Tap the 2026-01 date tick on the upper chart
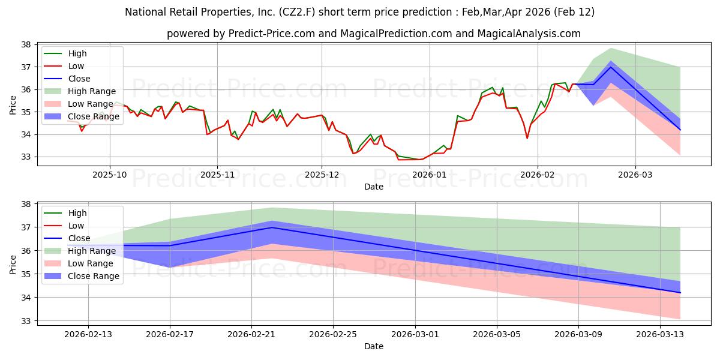[x=430, y=175]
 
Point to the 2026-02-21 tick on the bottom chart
[x=251, y=334]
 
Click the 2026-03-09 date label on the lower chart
[x=579, y=334]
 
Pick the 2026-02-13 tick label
[x=88, y=334]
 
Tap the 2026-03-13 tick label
[x=661, y=334]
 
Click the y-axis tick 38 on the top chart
[x=26, y=45]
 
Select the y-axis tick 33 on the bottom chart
[x=26, y=321]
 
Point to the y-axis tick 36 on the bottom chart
[x=26, y=251]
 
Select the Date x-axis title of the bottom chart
[x=374, y=346]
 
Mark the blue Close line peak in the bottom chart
[x=272, y=227]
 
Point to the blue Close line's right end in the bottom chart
[x=680, y=293]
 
